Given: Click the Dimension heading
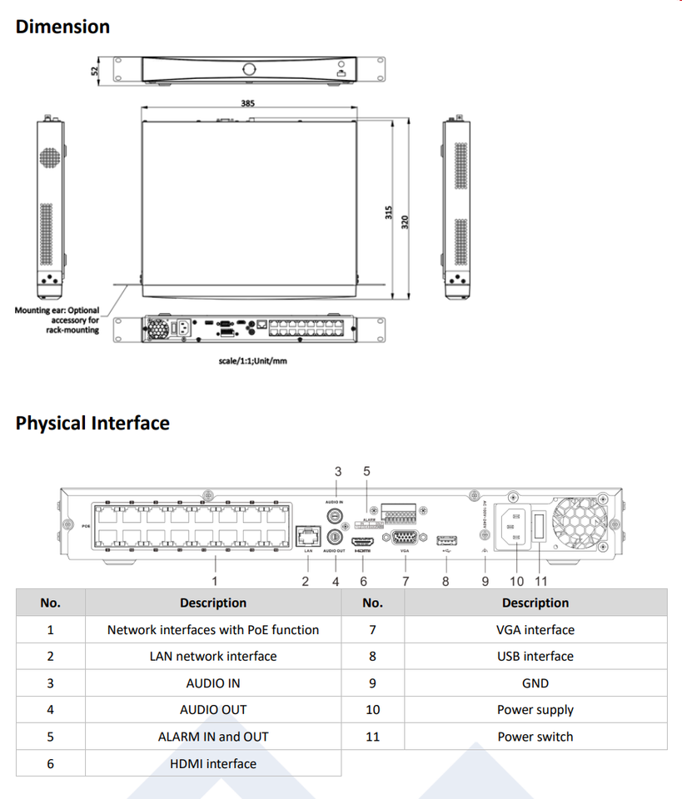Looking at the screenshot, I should coord(62,27).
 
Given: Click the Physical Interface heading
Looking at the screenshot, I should coord(92,423).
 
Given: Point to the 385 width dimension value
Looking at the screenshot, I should coord(248,104).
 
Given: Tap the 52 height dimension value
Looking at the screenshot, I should coord(94,72).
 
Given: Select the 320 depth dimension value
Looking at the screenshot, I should coord(406,222).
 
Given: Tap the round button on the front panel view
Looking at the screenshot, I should coord(248,68).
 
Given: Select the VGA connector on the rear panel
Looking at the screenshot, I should coord(405,538).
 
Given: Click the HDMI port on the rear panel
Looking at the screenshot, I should coord(364,538).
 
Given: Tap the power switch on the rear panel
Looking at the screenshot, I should coord(540,527).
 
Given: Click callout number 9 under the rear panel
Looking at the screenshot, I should coord(485,582).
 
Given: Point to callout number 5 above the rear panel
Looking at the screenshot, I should coord(366,471).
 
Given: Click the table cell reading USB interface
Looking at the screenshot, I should coord(535,657).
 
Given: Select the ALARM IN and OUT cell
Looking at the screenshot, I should coord(213,737).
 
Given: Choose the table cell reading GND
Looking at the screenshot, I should coord(535,683).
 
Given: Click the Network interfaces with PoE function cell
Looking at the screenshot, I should coord(213,630).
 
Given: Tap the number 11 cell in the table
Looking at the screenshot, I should coord(372,737).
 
